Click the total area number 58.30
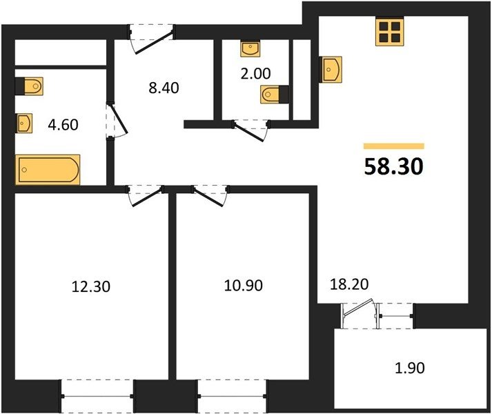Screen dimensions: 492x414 click(x=394, y=166)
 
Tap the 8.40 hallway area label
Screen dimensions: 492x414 click(x=164, y=88)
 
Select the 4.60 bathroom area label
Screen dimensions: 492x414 click(x=63, y=125)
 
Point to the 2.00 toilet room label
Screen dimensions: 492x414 click(x=255, y=73)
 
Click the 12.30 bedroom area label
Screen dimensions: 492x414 click(x=91, y=286)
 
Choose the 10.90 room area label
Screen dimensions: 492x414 click(x=244, y=286)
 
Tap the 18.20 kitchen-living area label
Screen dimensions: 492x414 click(x=349, y=284)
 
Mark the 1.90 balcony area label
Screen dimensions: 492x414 click(x=410, y=368)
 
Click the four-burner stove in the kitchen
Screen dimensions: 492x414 click(x=390, y=31)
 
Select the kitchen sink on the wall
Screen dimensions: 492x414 click(x=331, y=70)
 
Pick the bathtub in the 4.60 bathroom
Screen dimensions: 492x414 click(x=48, y=170)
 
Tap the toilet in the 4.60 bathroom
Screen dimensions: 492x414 click(x=29, y=86)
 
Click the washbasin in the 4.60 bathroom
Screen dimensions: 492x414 click(x=24, y=123)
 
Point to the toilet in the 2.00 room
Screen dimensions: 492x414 click(x=275, y=94)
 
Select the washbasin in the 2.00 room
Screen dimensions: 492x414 click(x=250, y=49)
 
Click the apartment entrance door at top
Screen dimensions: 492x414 click(x=152, y=39)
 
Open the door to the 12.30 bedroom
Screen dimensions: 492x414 click(x=146, y=196)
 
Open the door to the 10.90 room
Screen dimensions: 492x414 click(x=210, y=196)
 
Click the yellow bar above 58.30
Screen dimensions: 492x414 click(x=394, y=146)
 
